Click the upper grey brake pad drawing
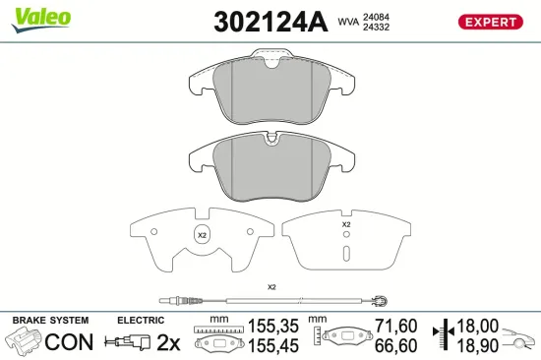[x=270, y=93]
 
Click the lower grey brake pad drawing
[x=270, y=162]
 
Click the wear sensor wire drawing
[x=271, y=301]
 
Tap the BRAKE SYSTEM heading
[x=50, y=321]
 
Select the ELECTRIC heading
[x=141, y=321]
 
